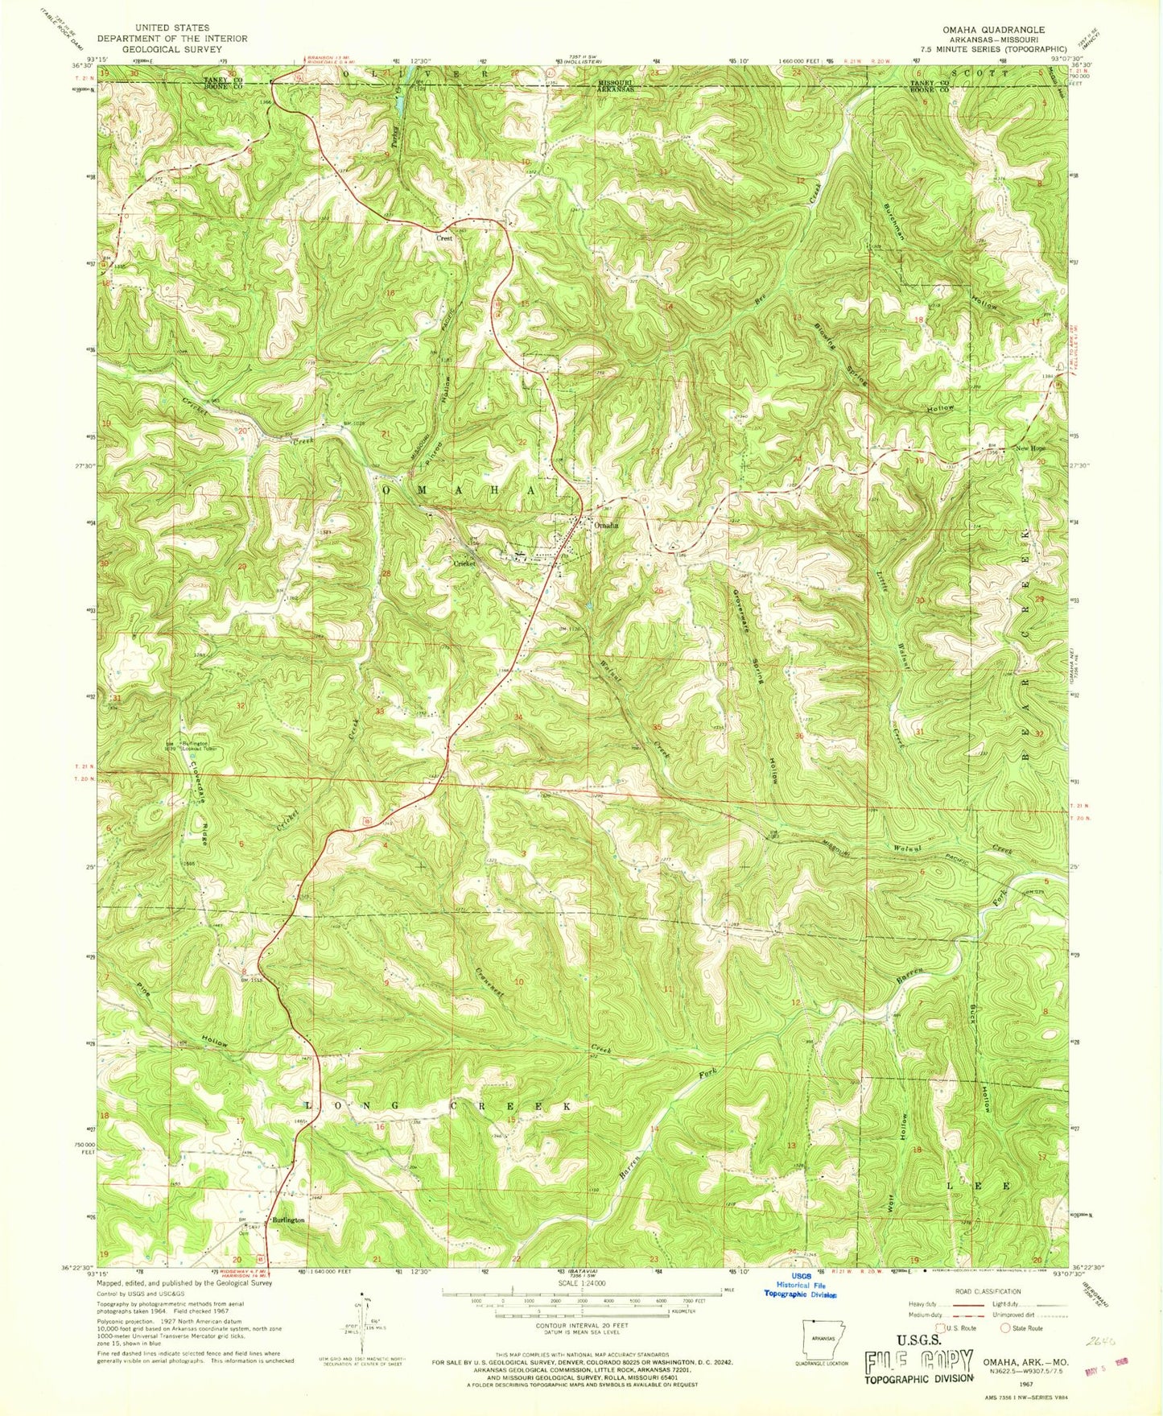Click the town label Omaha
(x=606, y=525)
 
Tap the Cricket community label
(x=464, y=564)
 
